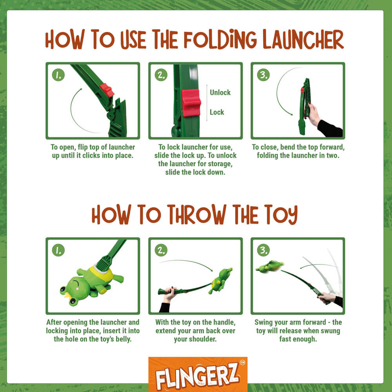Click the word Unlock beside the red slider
[x=220, y=93]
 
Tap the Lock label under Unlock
[x=217, y=112]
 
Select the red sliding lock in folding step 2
[x=191, y=103]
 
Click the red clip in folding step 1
[x=107, y=90]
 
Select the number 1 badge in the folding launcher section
[x=58, y=75]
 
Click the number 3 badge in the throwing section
[x=263, y=250]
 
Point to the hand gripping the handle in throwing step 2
[x=170, y=293]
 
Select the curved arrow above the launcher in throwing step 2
[x=188, y=263]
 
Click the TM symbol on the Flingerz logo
[x=243, y=363]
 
